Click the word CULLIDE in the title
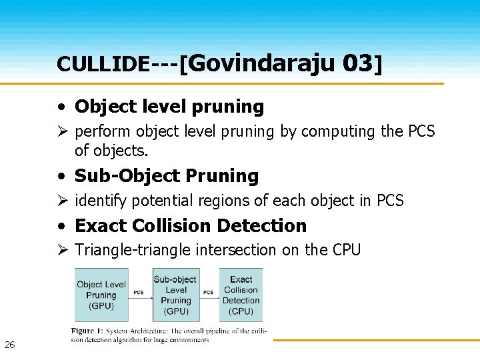[x=103, y=64]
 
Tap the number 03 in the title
[x=358, y=63]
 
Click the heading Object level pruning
[x=169, y=107]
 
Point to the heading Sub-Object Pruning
[x=167, y=176]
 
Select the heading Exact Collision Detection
[x=191, y=226]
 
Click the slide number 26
[x=9, y=345]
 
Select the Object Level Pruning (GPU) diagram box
[x=101, y=295]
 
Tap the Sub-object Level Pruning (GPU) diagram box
[x=175, y=295]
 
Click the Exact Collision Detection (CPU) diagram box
[x=241, y=295]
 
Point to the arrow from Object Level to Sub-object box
[x=139, y=297]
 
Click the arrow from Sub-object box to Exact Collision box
[x=209, y=297]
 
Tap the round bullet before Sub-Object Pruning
[x=61, y=177]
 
